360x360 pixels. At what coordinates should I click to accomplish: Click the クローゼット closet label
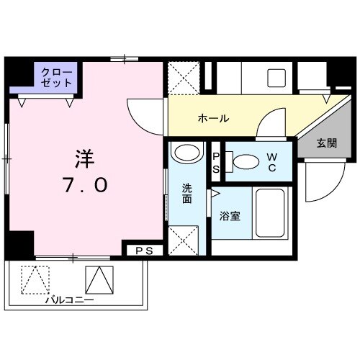click(x=57, y=77)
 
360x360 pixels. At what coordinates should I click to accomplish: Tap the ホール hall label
click(x=213, y=118)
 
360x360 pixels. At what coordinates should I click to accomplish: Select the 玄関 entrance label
click(x=326, y=143)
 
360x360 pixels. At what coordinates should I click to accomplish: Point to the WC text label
click(x=272, y=161)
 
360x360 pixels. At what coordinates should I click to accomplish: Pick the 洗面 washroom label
click(x=187, y=193)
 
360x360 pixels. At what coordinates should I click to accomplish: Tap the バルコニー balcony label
click(x=69, y=298)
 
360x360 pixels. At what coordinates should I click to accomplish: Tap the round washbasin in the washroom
click(x=187, y=155)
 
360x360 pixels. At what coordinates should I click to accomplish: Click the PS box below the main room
click(x=143, y=250)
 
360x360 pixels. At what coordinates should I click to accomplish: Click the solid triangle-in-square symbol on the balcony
click(x=100, y=279)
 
